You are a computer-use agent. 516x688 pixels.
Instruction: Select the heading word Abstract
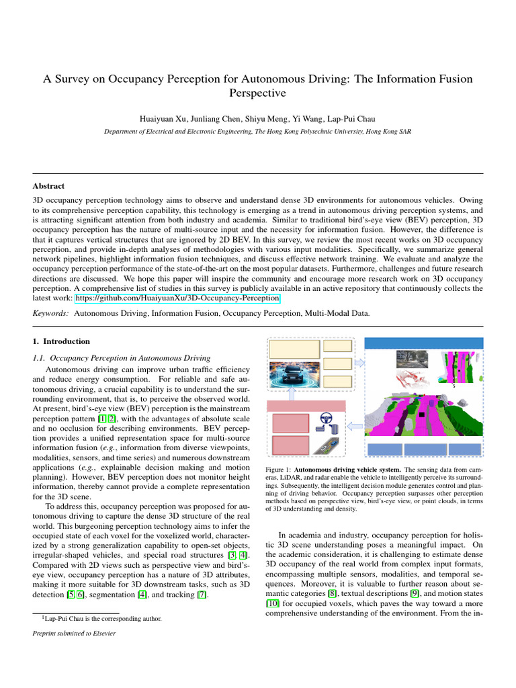click(x=48, y=185)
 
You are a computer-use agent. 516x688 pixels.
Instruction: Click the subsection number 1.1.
click(x=40, y=358)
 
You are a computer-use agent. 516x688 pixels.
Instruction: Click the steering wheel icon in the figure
click(x=325, y=419)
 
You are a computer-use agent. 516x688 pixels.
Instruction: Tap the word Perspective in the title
click(x=258, y=93)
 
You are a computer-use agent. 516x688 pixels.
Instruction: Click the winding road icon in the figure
click(x=325, y=443)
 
